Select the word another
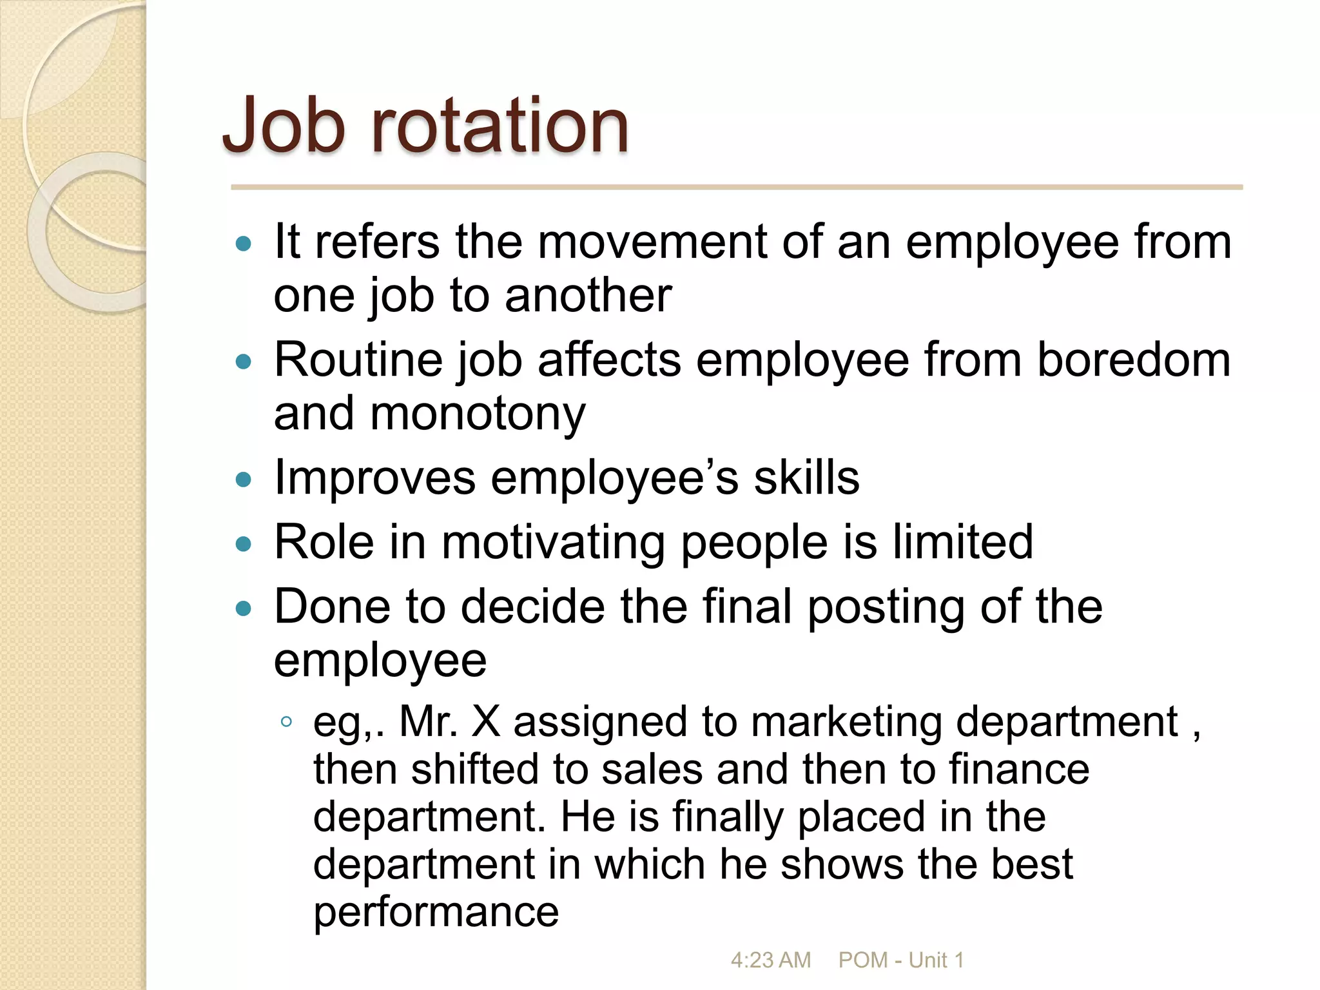tap(588, 296)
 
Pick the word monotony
tap(478, 414)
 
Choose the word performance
tap(436, 912)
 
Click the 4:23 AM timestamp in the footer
tap(770, 960)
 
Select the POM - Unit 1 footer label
tap(900, 960)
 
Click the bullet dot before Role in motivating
tap(244, 544)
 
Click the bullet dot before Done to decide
tap(244, 608)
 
